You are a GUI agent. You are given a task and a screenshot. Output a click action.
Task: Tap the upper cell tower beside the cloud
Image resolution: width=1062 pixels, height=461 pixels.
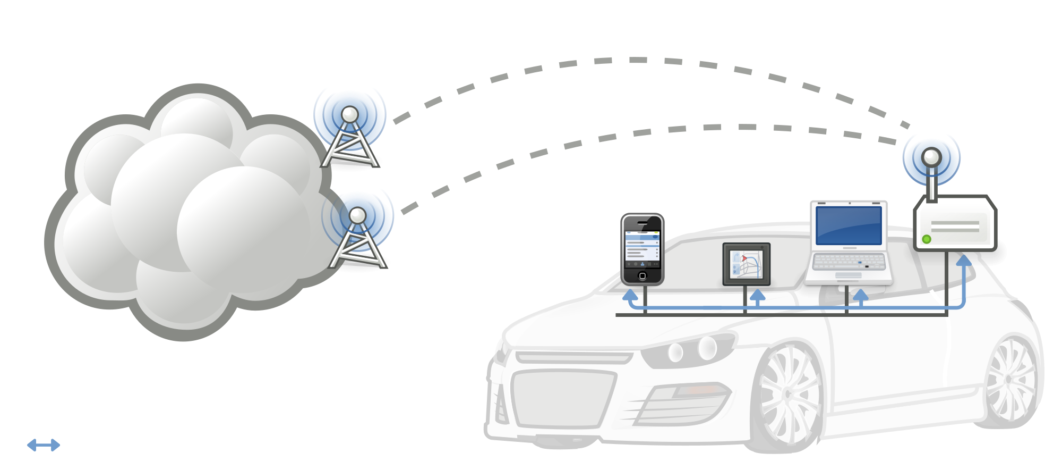coord(350,133)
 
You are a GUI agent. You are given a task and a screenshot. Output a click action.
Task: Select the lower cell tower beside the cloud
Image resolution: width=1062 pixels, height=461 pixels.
coord(357,234)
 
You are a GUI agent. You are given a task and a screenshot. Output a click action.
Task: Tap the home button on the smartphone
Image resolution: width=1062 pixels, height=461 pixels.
coord(643,276)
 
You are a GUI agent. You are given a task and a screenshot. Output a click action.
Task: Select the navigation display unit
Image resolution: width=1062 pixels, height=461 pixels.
coord(746,264)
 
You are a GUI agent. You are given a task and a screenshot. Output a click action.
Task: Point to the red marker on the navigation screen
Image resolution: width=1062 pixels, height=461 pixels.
coord(744,258)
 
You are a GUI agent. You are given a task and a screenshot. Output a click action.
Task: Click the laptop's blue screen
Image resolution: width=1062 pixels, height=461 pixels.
coord(849,225)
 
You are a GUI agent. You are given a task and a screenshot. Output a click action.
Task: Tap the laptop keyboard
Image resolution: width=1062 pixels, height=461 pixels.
coord(849,262)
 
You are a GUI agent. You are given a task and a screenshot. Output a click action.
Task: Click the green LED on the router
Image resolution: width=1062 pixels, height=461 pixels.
coord(927,239)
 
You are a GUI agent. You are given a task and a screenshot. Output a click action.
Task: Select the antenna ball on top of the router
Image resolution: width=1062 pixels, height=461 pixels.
coord(931,157)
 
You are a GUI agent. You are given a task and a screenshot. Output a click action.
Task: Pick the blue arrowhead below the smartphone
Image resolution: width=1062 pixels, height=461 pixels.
coord(630,294)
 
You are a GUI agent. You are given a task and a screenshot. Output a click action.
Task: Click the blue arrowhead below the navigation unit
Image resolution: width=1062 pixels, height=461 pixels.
coord(757,295)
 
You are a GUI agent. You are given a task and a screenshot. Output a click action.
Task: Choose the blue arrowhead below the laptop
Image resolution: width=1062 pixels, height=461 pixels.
coord(860,295)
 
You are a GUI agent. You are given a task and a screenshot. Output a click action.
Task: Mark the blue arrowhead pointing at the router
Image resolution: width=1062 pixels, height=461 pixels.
coord(963,261)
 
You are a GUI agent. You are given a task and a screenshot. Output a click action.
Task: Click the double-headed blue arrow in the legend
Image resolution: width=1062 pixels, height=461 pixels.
coord(44,445)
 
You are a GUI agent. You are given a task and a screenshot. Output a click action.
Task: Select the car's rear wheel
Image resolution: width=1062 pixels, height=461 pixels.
coord(1012,380)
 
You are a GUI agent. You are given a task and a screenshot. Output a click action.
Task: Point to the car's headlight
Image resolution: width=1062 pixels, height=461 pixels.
coord(690,351)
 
